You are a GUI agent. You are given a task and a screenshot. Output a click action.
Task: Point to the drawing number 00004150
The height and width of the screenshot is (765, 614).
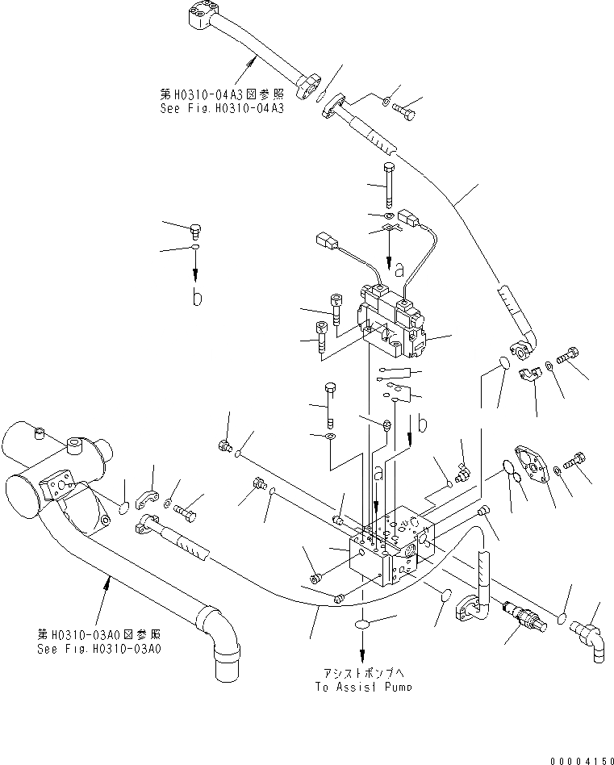(x=579, y=759)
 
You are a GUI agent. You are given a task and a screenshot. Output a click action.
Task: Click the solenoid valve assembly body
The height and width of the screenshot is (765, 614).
(x=393, y=324)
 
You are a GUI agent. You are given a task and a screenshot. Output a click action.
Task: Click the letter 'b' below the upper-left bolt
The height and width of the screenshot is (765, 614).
(x=194, y=297)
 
